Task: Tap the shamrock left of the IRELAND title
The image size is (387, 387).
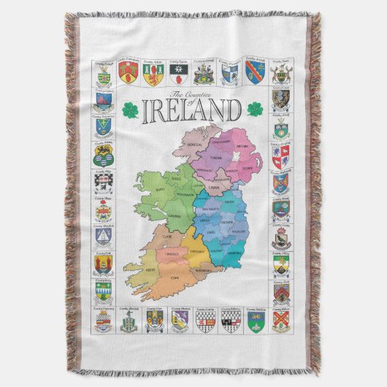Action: (x=130, y=110)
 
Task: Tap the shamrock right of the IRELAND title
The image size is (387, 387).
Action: (x=255, y=110)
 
